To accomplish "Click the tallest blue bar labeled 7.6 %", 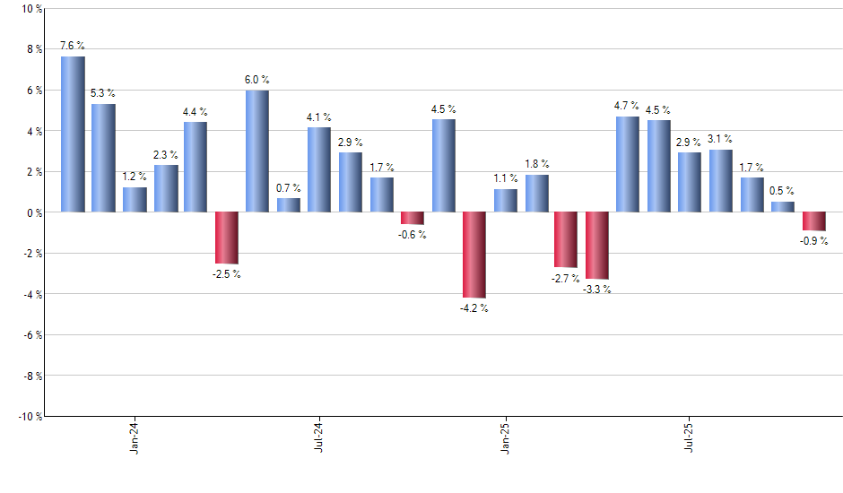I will pyautogui.click(x=73, y=134).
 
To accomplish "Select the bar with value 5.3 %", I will pyautogui.click(x=103, y=158).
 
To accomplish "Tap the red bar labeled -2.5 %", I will pyautogui.click(x=226, y=238).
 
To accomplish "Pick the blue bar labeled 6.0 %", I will pyautogui.click(x=257, y=151).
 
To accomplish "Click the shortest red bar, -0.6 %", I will pyautogui.click(x=412, y=218).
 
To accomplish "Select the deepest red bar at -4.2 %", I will pyautogui.click(x=474, y=255).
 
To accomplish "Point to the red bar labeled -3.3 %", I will pyautogui.click(x=597, y=246).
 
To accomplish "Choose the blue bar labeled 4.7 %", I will pyautogui.click(x=628, y=164).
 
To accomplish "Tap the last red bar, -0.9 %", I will pyautogui.click(x=813, y=221).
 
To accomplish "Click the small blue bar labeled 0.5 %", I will pyautogui.click(x=782, y=207).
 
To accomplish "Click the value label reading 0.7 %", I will pyautogui.click(x=288, y=188).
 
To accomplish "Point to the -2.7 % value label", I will pyautogui.click(x=566, y=280).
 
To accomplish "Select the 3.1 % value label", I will pyautogui.click(x=720, y=139).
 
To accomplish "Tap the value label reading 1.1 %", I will pyautogui.click(x=505, y=178).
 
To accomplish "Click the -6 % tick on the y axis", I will pyautogui.click(x=31, y=335).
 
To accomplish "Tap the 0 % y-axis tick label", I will pyautogui.click(x=33, y=212).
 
